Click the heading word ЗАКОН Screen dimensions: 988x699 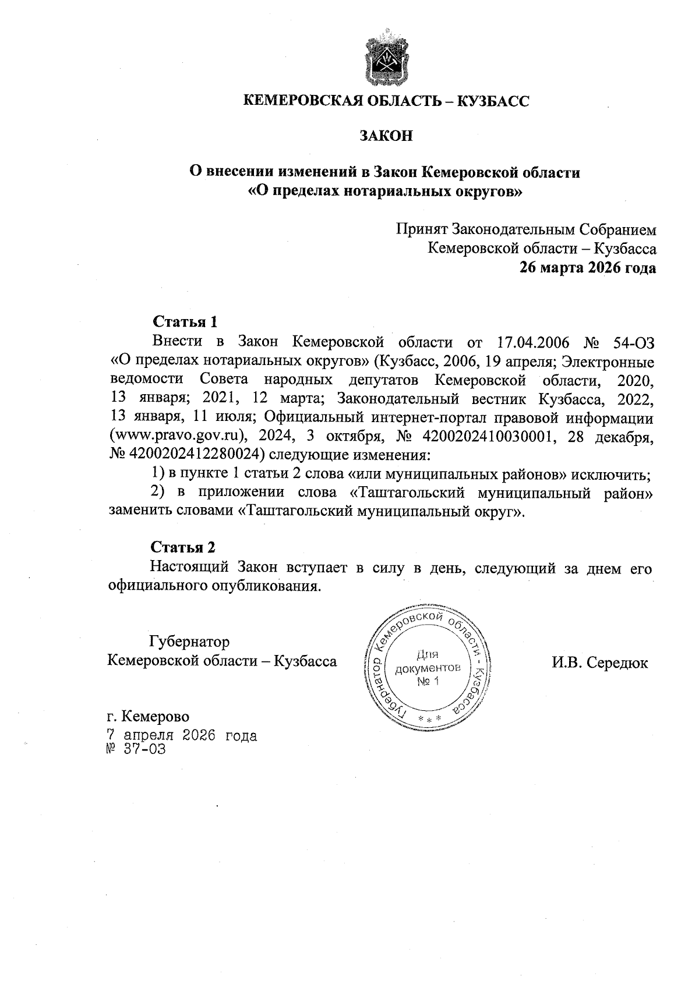386,136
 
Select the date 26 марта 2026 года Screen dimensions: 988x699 588,268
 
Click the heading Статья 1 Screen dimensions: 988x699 185,321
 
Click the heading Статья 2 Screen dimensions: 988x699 183,547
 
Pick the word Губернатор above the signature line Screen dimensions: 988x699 189,642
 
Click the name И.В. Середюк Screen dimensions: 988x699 599,663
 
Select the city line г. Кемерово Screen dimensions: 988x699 149,716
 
